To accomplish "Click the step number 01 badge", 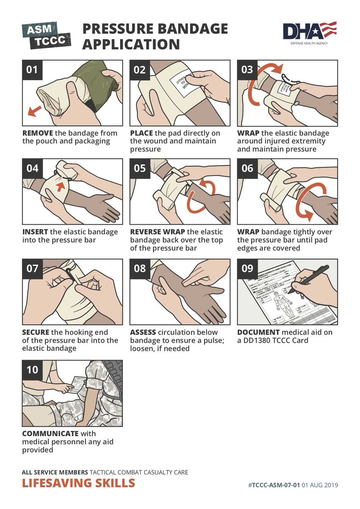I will (x=32, y=70).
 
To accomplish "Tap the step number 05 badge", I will (x=140, y=169).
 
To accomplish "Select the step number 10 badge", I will (x=32, y=369).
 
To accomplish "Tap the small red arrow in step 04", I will (x=63, y=185).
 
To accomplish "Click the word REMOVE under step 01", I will (x=38, y=133).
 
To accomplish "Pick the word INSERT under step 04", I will (x=36, y=232).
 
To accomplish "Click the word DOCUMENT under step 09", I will (x=258, y=332).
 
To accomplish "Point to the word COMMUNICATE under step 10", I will (x=50, y=433).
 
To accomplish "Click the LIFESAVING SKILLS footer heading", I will (x=78, y=483).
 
